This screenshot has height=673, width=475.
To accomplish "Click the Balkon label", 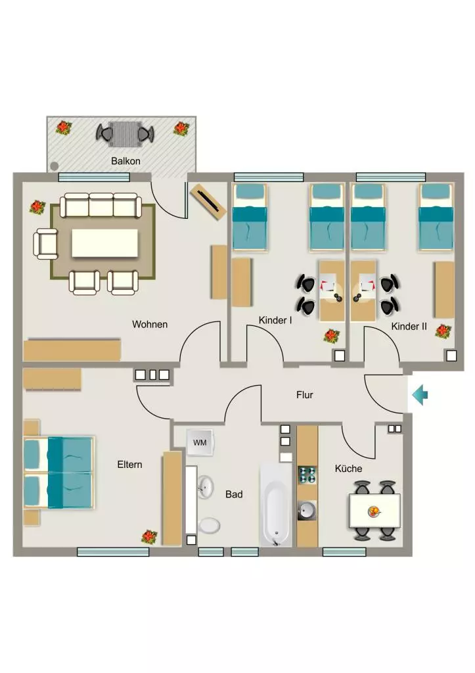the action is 125,161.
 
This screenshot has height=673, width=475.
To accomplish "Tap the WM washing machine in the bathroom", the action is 200,442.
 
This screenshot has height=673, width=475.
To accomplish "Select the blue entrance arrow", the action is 420,395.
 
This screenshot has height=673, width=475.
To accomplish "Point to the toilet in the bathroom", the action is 209,525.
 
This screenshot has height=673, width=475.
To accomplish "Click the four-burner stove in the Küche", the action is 307,475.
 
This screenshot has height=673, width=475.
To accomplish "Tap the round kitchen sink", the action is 307,511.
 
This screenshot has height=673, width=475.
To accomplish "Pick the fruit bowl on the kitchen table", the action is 374,511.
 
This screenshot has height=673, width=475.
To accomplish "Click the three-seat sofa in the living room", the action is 101,206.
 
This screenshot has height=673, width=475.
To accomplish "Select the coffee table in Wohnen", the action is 104,243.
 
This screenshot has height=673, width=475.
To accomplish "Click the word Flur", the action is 305,395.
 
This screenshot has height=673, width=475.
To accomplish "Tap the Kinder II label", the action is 409,326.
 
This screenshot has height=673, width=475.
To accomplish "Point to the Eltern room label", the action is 129,465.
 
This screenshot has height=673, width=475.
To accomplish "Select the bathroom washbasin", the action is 206,487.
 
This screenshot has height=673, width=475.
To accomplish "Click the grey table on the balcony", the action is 125,134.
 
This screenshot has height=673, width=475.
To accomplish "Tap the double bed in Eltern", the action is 58,473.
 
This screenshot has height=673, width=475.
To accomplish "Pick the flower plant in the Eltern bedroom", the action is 149,536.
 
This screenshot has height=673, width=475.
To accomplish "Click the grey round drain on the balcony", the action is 54,165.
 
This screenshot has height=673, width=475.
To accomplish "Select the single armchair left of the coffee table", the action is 46,244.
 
